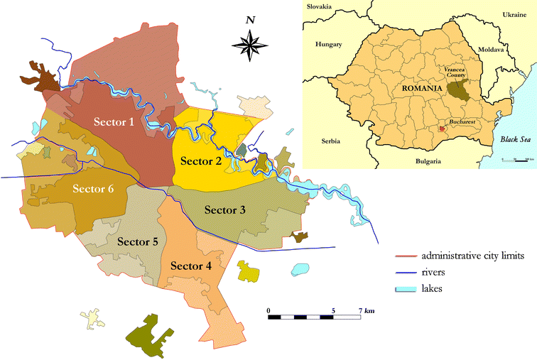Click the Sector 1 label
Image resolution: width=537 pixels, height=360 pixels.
click(x=114, y=121)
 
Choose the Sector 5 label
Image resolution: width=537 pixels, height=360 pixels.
click(x=137, y=241)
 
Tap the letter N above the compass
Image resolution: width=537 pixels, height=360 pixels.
click(x=250, y=20)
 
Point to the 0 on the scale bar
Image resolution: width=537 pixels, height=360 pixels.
click(x=268, y=310)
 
